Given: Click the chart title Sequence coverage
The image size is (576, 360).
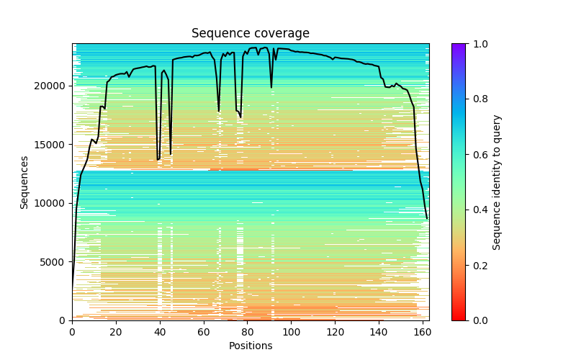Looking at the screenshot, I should (251, 34).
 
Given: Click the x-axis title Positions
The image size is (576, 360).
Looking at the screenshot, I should (251, 346).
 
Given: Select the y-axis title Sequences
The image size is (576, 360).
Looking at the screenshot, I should (24, 182).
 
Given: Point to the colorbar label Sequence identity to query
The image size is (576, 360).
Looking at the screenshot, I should (497, 182).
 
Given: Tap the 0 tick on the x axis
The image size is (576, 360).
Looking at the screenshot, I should (72, 331).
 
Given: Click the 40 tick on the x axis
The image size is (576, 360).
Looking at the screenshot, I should (160, 331).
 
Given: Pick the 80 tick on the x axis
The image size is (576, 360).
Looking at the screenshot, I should (248, 331).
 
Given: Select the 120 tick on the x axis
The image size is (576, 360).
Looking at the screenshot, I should (335, 331).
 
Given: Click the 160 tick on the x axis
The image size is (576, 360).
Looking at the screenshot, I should (423, 331).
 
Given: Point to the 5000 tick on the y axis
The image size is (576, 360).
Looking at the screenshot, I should (54, 262).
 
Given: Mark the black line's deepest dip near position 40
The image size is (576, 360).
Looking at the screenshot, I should (158, 160).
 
